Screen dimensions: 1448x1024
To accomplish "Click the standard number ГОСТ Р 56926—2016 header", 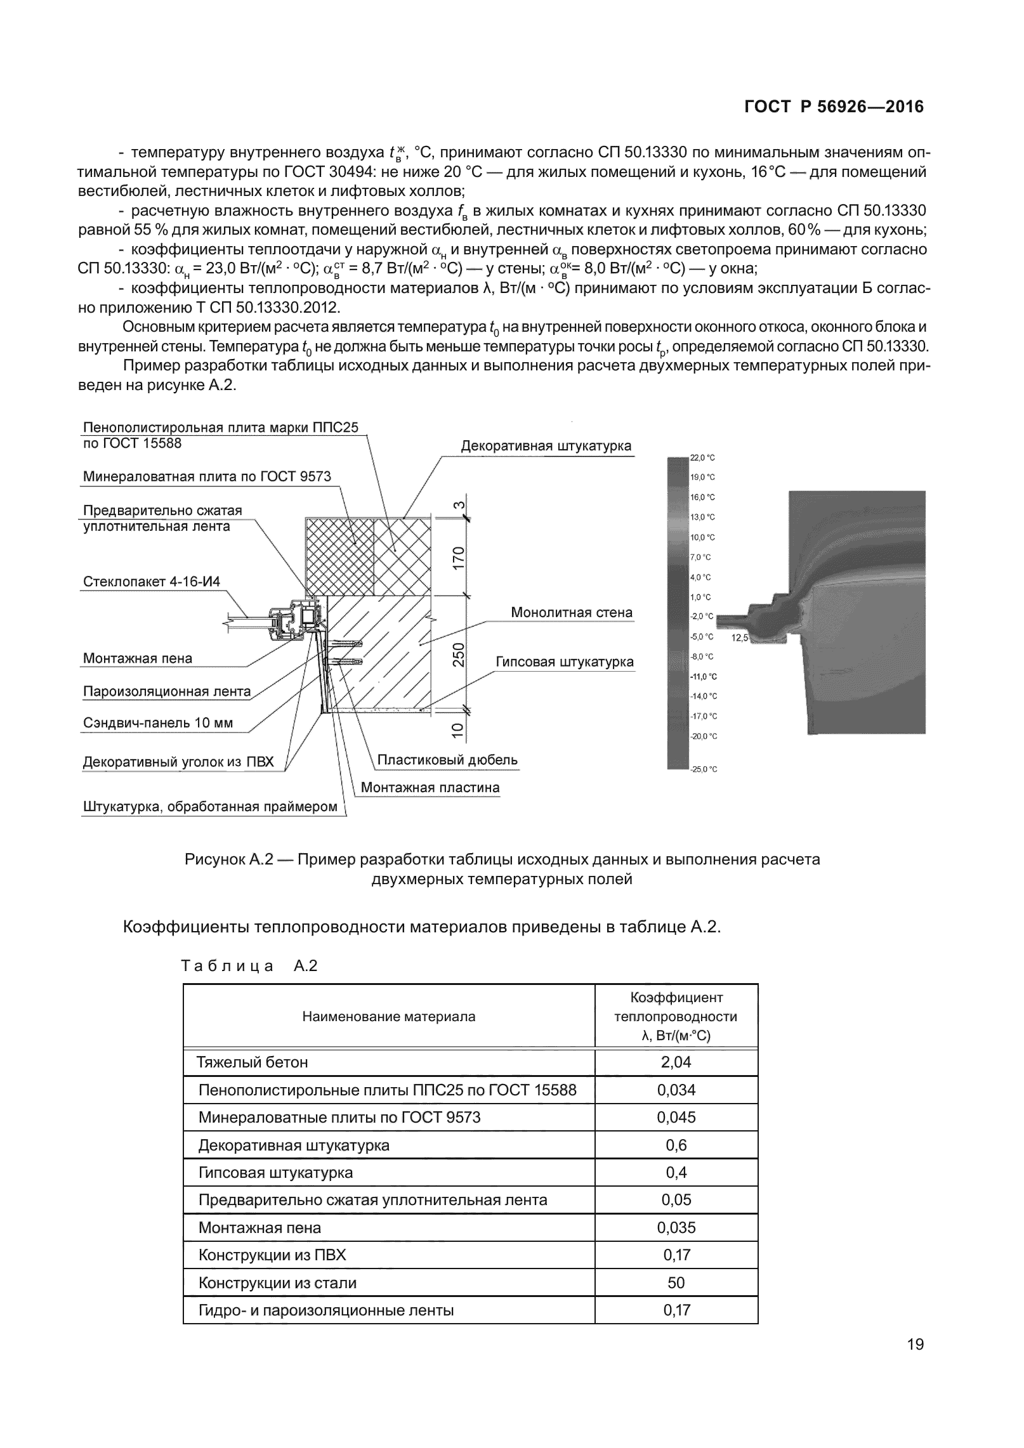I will coord(834,107).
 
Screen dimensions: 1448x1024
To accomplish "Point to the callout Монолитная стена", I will coord(572,613).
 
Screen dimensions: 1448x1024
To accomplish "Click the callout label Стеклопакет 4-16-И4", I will coord(152,582).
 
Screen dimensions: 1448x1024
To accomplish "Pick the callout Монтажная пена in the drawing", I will coord(138,658).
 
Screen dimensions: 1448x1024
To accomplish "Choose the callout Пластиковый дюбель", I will coord(447,760).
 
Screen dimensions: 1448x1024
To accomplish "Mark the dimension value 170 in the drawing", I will coord(459,558).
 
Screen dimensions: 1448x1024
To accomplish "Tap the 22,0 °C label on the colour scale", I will coord(702,458).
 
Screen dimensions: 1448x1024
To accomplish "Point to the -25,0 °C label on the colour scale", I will coord(704,769).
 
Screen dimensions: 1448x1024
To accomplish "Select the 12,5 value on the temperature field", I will coord(740,637).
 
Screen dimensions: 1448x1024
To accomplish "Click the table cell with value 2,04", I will coord(676,1062).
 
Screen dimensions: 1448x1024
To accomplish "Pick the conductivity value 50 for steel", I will coord(676,1282).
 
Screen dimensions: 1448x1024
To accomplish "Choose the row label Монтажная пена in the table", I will coord(260,1227).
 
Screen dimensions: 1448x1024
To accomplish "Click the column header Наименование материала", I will coord(388,1017).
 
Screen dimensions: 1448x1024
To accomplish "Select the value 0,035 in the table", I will coord(676,1227).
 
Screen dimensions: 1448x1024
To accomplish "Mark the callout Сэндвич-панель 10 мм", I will coord(158,723).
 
